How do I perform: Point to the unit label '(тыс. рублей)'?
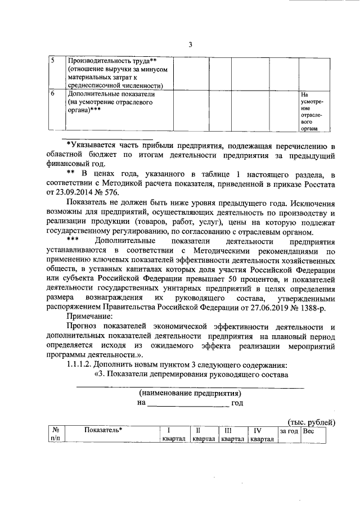[x=311, y=422]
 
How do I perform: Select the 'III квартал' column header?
[x=232, y=435]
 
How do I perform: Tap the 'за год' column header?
[x=289, y=431]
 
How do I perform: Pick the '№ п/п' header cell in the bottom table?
[x=56, y=435]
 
